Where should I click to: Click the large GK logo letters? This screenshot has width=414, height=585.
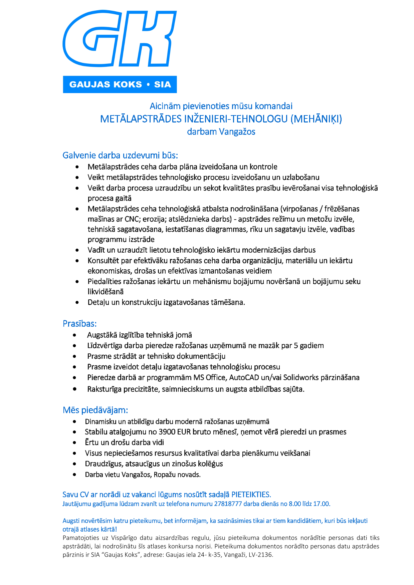(x=120, y=39)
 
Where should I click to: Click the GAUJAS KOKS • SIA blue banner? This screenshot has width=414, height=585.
(x=120, y=84)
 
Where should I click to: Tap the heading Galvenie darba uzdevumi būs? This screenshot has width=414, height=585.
(x=120, y=155)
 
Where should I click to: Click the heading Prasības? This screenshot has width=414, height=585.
(x=79, y=323)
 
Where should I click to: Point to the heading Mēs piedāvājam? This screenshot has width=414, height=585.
(x=95, y=410)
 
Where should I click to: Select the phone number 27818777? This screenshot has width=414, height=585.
(x=228, y=504)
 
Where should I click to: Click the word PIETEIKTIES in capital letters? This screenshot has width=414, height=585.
(x=251, y=495)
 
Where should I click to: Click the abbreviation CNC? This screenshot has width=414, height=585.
(x=132, y=219)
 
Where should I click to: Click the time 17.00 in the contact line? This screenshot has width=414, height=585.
(x=321, y=504)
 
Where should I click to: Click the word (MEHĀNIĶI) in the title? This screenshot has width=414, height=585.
(x=316, y=119)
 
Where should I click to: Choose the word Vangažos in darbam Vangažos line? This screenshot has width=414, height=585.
(x=237, y=132)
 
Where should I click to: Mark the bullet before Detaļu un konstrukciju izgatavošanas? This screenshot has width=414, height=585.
(x=77, y=303)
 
